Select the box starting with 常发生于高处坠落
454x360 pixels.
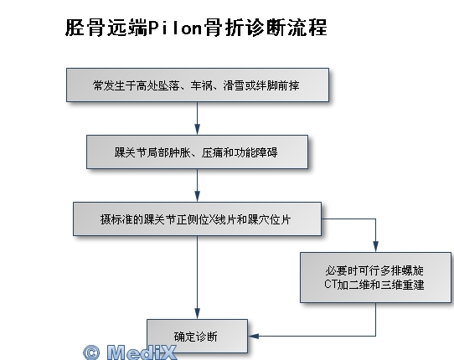198,85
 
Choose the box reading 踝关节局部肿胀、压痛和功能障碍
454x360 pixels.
197,152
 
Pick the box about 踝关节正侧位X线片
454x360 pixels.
197,219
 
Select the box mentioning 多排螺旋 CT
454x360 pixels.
375,277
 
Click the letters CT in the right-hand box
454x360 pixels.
331,284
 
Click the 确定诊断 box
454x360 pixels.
197,337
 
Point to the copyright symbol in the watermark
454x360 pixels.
91,352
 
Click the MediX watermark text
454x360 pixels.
142,352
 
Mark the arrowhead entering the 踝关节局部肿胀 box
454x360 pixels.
197,130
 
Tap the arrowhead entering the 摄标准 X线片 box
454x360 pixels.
197,197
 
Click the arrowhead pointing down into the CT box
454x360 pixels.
375,247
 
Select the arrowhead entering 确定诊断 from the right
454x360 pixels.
253,336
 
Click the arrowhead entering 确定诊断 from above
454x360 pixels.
197,314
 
